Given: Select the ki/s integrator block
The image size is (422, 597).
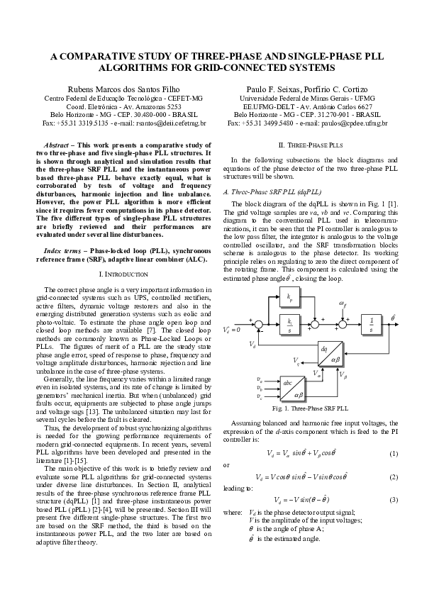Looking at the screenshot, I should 290,323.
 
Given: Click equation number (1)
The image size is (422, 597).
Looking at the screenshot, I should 394,453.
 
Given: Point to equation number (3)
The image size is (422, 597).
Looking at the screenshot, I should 394,500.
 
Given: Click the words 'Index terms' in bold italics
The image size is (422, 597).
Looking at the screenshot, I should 62,251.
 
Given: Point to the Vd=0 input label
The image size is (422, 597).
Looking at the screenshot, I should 232,330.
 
